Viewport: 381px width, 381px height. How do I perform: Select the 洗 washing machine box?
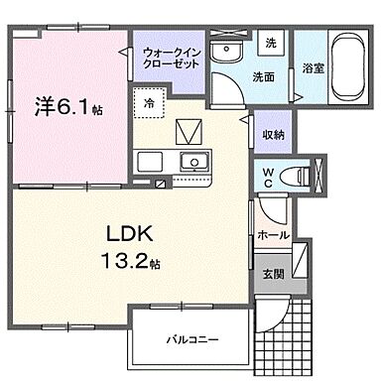pyautogui.click(x=269, y=44)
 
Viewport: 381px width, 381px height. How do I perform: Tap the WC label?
pyautogui.click(x=268, y=176)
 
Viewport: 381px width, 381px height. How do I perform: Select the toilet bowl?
pyautogui.click(x=294, y=176)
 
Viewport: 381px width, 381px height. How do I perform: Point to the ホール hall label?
pyautogui.click(x=272, y=236)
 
